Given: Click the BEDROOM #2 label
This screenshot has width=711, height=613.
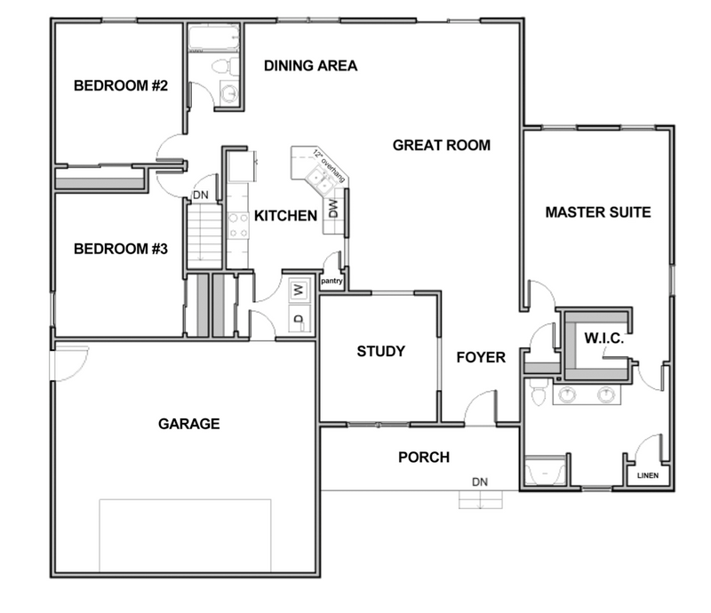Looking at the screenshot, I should (x=121, y=86).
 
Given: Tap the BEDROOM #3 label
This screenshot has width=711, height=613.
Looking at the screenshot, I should (x=121, y=249).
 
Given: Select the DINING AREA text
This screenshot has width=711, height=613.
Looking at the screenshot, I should (x=310, y=66).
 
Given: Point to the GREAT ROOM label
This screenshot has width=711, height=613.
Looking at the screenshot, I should (x=442, y=145).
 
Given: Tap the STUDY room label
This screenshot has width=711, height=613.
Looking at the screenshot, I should (x=380, y=351).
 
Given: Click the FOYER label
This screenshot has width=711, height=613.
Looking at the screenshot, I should (x=481, y=357).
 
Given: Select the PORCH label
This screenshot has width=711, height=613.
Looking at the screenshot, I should (x=423, y=458).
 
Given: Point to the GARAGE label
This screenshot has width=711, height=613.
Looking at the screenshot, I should (x=188, y=424).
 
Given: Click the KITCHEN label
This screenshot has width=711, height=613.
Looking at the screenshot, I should (x=286, y=216).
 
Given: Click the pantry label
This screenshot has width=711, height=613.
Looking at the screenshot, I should (x=332, y=281).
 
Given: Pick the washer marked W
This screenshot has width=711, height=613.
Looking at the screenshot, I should (x=299, y=288).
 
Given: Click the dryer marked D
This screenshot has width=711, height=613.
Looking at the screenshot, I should (x=299, y=319).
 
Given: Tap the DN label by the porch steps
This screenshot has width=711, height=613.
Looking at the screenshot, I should (x=480, y=482).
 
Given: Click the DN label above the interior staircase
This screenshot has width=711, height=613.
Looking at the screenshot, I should (x=201, y=196).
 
